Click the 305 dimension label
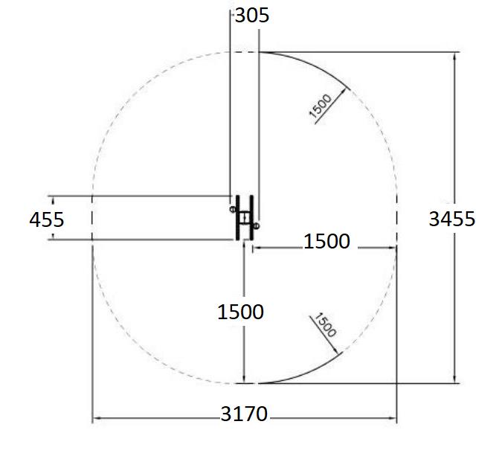[252, 16]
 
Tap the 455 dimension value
[47, 219]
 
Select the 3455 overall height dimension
[451, 219]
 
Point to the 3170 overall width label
[244, 414]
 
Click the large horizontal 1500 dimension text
[326, 241]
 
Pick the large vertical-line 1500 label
[240, 312]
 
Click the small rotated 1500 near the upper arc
[320, 106]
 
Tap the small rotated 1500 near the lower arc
[325, 325]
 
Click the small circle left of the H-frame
[233, 209]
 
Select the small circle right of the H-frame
[256, 226]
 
